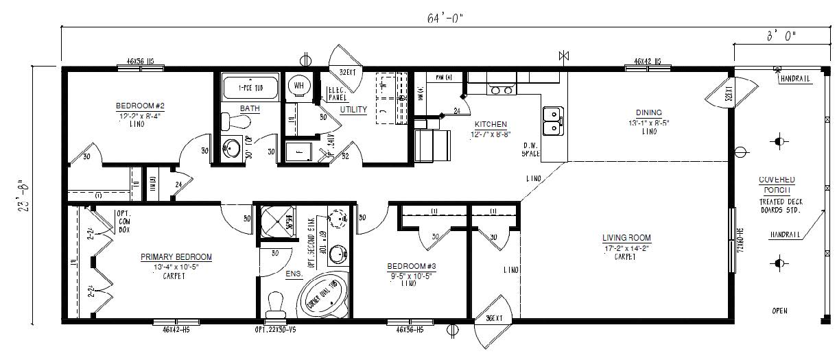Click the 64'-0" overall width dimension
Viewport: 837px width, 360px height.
[444, 18]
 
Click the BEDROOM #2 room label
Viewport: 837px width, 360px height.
[140, 106]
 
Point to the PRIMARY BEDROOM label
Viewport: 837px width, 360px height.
[176, 257]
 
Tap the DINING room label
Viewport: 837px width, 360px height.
[648, 112]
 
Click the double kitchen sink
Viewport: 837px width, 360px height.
[552, 121]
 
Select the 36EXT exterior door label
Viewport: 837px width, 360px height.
[495, 319]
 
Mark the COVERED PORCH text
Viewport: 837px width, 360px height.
[777, 184]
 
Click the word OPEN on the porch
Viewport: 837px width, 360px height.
[779, 311]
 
